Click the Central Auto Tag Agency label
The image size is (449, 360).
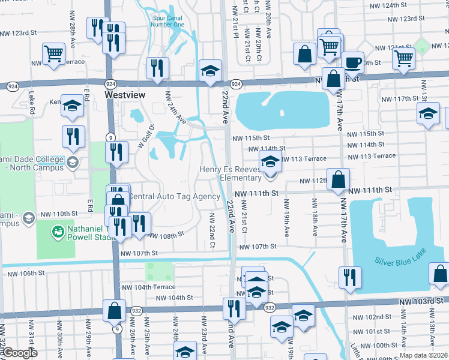point(175,197)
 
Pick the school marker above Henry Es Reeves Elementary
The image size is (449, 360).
point(270,161)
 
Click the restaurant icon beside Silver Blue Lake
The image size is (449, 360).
point(349,277)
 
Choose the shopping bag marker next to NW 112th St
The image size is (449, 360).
point(339,179)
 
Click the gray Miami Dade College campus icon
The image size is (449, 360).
point(72,161)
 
